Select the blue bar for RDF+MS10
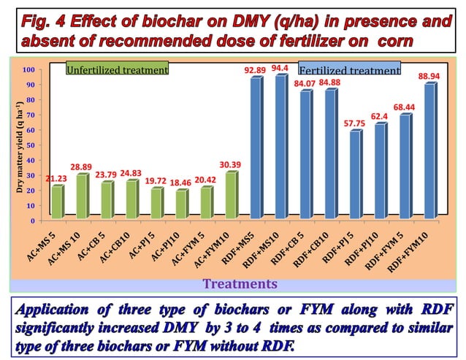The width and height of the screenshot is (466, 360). click(280, 146)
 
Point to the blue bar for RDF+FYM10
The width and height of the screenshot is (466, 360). click(429, 150)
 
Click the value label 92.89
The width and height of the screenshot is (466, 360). click(254, 69)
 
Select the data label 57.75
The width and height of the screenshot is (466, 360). click(354, 123)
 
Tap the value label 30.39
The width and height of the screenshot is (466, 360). click(232, 164)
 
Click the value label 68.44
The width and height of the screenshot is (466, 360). click(404, 107)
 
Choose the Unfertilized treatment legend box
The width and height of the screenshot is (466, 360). click(117, 70)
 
